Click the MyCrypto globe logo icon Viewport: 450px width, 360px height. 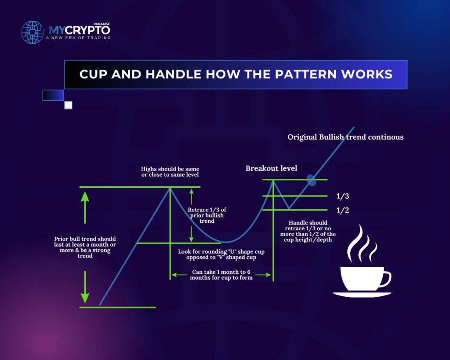[x=33, y=32]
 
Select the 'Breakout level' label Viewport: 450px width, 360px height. [x=271, y=168]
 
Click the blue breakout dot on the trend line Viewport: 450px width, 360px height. [x=311, y=179]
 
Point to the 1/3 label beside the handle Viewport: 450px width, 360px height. [x=343, y=196]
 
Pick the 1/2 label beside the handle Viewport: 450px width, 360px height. [x=343, y=211]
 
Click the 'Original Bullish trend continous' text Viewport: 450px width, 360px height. [x=345, y=137]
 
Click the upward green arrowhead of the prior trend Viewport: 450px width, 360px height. [x=85, y=196]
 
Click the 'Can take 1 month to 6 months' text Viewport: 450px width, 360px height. [x=221, y=275]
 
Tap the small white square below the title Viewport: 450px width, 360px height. [x=68, y=105]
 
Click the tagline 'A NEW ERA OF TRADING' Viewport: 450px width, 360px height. [x=78, y=38]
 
